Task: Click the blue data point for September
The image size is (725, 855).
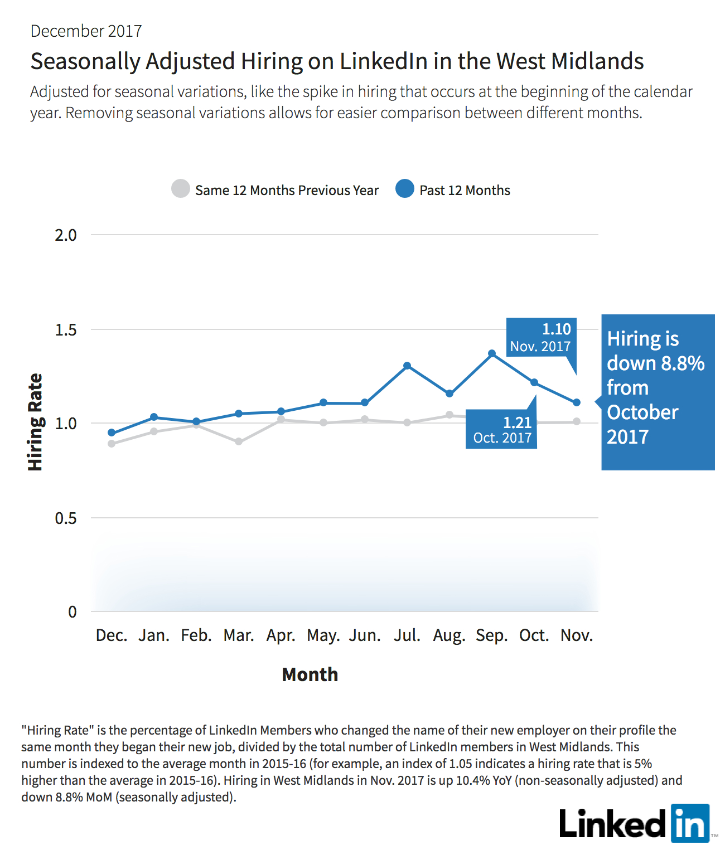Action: coord(492,354)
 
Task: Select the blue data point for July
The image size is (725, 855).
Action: coord(407,366)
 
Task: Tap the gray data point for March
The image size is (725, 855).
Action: coord(238,441)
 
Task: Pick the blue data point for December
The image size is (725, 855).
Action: coord(112,433)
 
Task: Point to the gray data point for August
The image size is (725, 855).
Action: coord(449,415)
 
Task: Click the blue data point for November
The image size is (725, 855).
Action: coord(577,402)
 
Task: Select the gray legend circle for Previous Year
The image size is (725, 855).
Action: coord(181,188)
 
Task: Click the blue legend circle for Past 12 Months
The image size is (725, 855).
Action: coord(405,188)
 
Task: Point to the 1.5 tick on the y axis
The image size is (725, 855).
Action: coord(66,330)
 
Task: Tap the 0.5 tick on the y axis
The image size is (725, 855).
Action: coord(66,518)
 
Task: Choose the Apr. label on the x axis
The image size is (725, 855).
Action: coord(281,635)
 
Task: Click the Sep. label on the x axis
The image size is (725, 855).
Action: coord(492,635)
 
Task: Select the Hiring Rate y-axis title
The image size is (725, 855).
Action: coord(35,422)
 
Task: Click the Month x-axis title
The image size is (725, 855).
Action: coord(310,674)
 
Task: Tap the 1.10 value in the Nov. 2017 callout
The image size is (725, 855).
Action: coord(557,329)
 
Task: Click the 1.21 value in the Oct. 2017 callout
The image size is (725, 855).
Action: coord(518,422)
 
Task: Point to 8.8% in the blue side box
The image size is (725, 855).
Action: coord(683,363)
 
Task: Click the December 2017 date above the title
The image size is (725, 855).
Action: coord(86,31)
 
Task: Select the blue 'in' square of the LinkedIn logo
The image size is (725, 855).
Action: coord(690,823)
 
